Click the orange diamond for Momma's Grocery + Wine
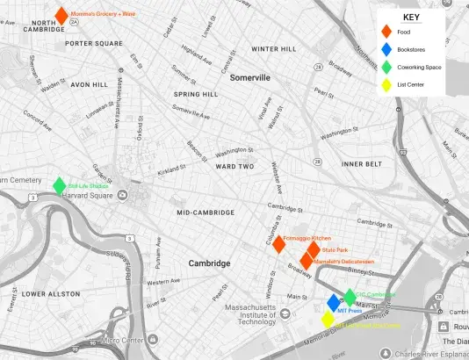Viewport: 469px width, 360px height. click(x=61, y=15)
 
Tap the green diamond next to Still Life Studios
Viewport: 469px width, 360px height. click(x=59, y=186)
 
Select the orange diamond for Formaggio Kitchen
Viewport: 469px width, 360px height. click(x=278, y=244)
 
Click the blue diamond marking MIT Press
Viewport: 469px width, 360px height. click(x=334, y=304)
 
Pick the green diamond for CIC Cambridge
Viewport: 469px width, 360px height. click(x=350, y=297)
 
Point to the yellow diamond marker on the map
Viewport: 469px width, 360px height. click(x=328, y=319)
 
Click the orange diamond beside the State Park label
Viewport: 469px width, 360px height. click(x=314, y=250)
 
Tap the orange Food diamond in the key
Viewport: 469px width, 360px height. click(x=386, y=32)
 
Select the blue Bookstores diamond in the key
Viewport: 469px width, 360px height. click(x=386, y=50)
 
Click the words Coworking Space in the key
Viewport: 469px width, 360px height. click(x=419, y=68)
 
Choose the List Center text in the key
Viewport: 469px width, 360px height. click(x=412, y=85)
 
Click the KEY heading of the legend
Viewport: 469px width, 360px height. click(x=411, y=17)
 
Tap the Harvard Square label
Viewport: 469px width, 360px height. click(x=92, y=195)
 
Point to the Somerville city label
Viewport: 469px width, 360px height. click(x=250, y=77)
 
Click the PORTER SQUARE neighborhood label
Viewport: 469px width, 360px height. click(x=93, y=43)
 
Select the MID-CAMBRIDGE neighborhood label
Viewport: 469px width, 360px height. click(x=206, y=212)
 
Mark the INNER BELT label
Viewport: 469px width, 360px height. click(x=362, y=164)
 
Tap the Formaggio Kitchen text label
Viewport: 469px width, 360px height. click(x=307, y=238)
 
